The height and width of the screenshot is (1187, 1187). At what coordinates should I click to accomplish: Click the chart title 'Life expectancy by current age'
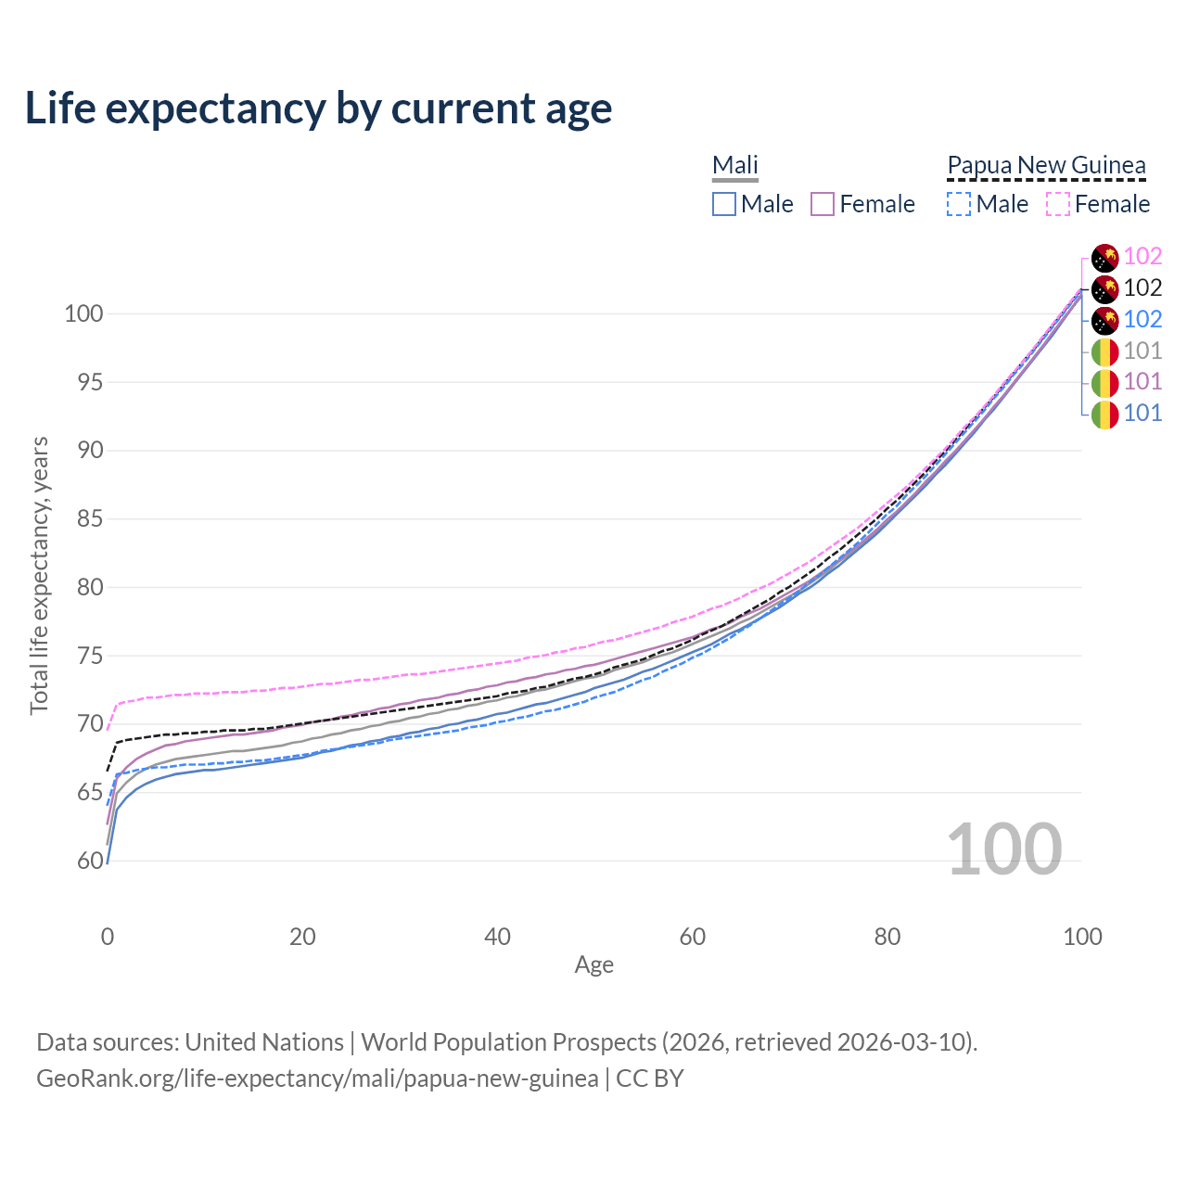click(x=318, y=108)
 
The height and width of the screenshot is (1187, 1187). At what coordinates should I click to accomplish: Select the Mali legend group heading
click(x=735, y=165)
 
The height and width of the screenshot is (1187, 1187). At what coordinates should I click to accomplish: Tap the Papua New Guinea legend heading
click(x=1046, y=165)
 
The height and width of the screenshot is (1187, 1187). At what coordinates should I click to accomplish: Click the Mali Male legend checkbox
click(x=724, y=204)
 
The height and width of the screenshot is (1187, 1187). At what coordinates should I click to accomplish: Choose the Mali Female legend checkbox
click(x=823, y=204)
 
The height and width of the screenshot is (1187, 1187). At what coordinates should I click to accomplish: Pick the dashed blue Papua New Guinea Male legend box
click(x=959, y=204)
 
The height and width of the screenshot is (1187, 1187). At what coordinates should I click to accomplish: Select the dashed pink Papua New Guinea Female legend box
click(x=1058, y=204)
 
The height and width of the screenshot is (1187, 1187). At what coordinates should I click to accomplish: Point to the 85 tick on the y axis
click(x=89, y=519)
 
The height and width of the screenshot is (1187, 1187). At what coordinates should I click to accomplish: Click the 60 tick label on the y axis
click(x=89, y=862)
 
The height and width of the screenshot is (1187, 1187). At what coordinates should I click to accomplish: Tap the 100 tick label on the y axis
click(x=83, y=313)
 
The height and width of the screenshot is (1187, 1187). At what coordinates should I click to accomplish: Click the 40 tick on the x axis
click(x=498, y=937)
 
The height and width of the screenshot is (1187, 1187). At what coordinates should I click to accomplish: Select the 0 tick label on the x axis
click(x=108, y=937)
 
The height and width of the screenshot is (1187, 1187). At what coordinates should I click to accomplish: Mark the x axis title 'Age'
click(x=594, y=965)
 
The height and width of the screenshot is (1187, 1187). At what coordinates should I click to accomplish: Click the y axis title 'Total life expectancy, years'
click(x=39, y=575)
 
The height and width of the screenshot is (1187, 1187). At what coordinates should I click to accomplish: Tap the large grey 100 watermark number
click(x=1004, y=849)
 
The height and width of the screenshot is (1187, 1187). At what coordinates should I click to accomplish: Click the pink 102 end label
click(x=1142, y=257)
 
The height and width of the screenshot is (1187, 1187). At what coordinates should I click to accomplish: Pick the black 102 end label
click(x=1142, y=288)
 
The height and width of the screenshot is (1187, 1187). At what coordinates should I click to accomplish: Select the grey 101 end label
click(x=1142, y=351)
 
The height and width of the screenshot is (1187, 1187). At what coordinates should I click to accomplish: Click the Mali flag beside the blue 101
click(x=1104, y=414)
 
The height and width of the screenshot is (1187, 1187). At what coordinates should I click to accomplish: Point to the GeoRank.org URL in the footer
click(x=317, y=1079)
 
